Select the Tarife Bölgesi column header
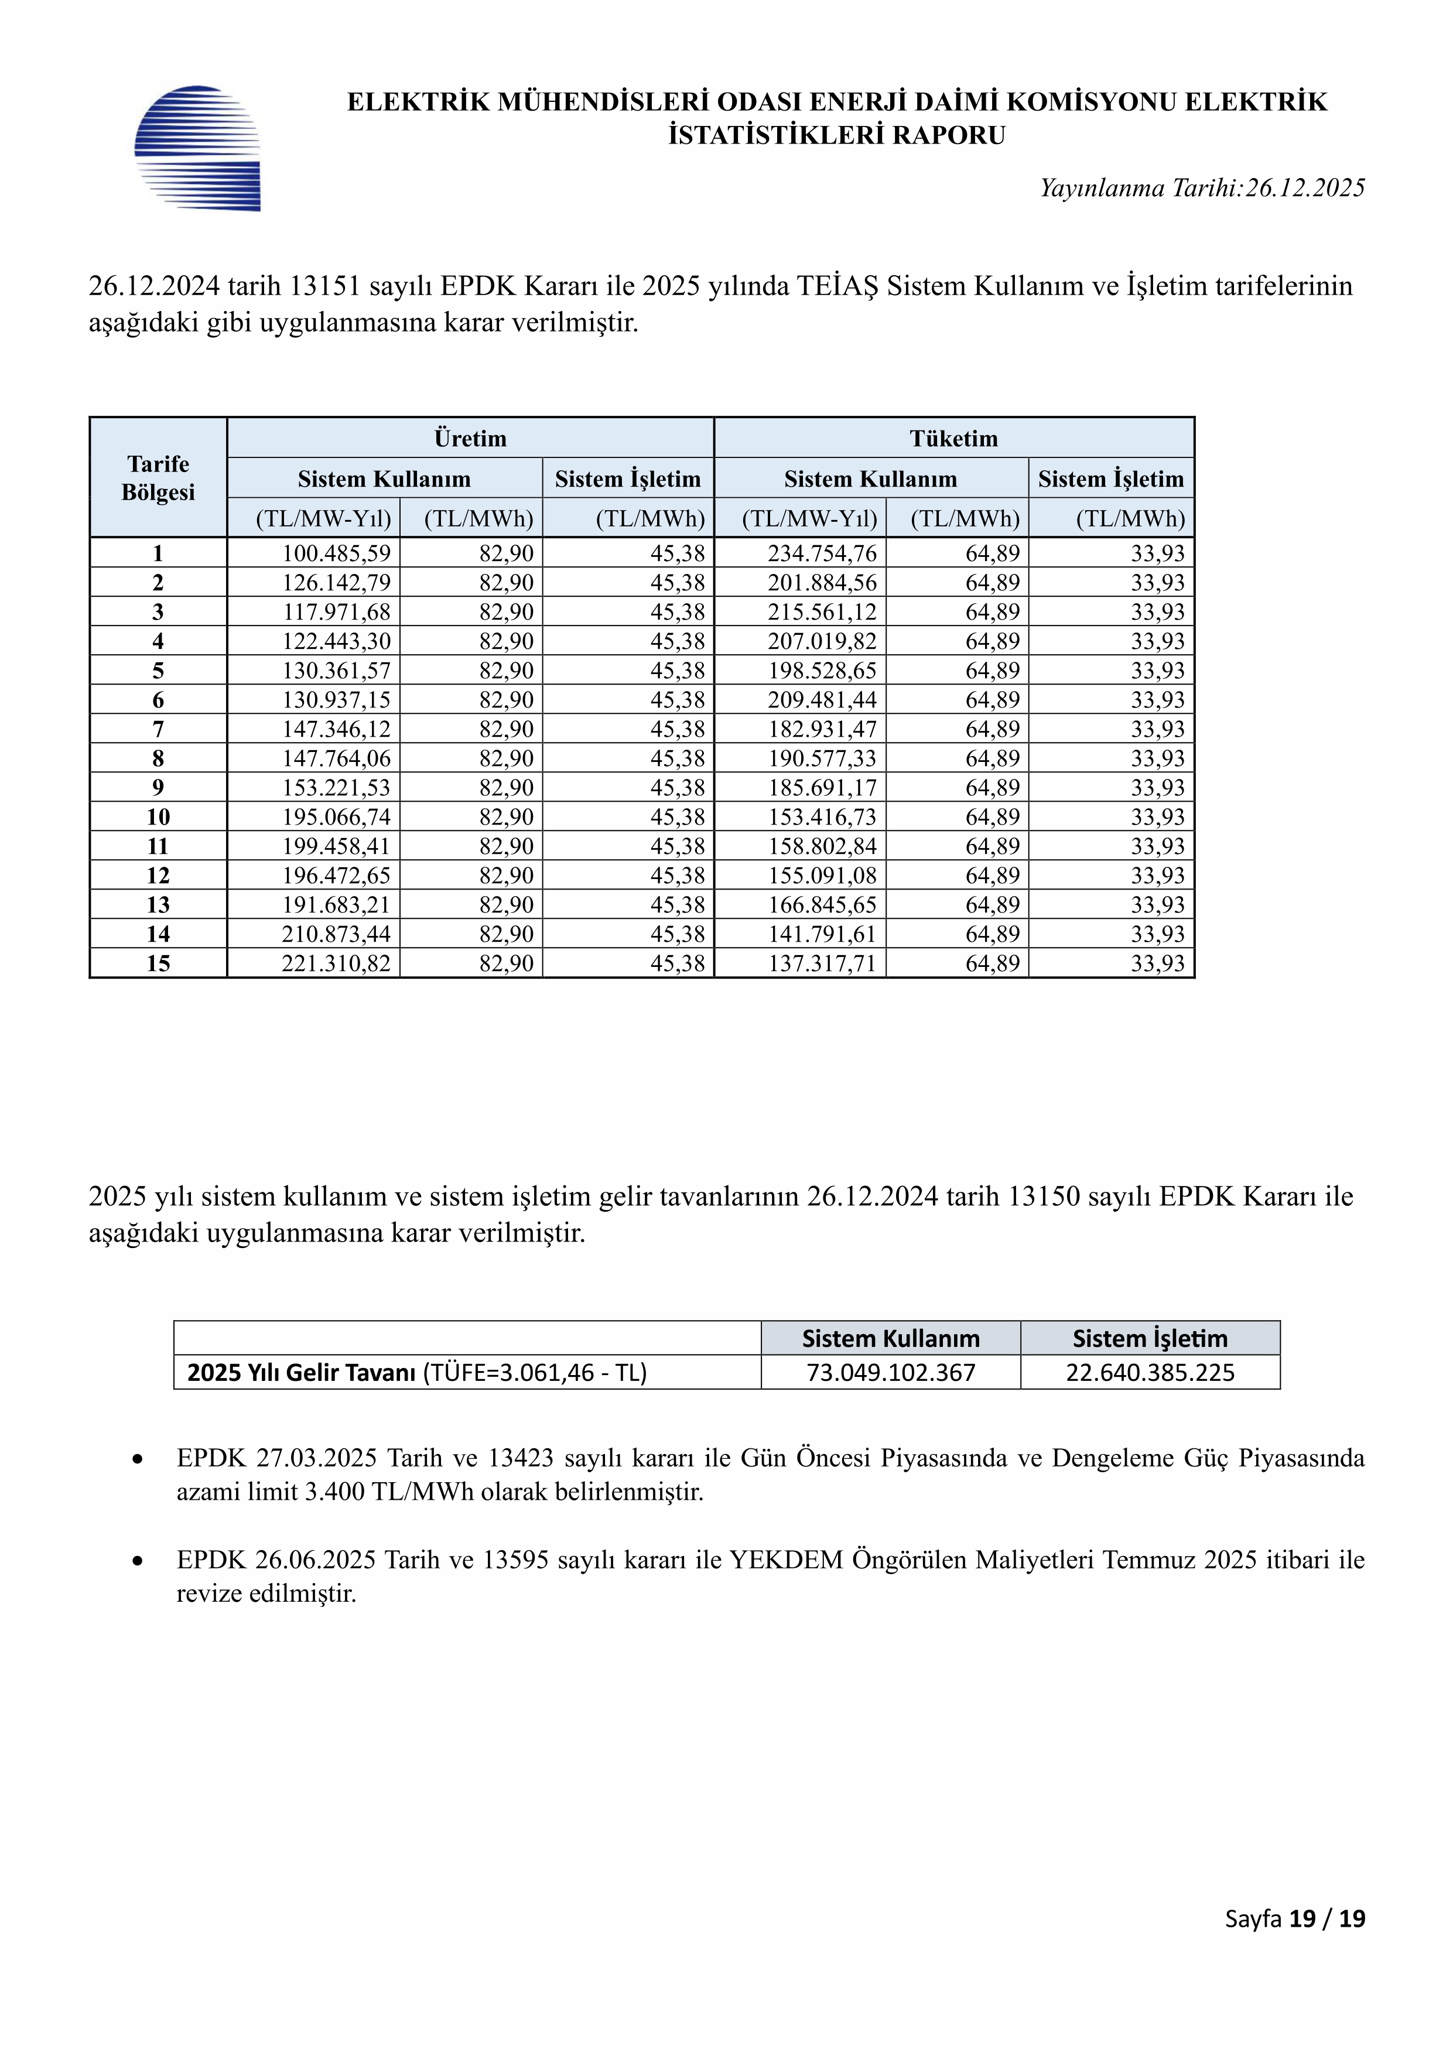click(x=159, y=478)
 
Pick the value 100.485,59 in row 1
click(x=337, y=553)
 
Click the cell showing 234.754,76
click(x=822, y=553)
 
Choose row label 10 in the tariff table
click(x=159, y=817)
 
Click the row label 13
click(x=159, y=905)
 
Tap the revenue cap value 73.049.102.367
click(x=891, y=1373)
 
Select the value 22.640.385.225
click(x=1150, y=1373)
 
